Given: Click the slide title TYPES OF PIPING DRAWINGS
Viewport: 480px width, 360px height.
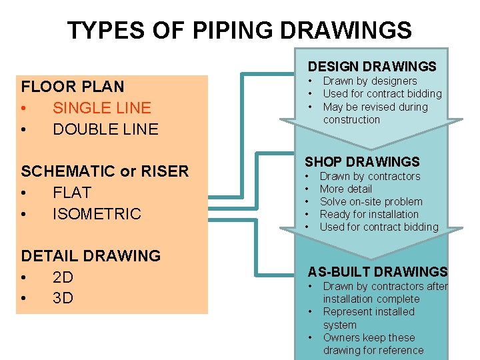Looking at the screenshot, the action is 239,30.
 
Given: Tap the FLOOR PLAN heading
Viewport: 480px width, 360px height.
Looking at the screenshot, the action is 73,87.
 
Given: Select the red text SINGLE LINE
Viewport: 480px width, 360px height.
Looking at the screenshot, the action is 102,108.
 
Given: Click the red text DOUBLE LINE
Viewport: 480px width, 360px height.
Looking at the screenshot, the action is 105,129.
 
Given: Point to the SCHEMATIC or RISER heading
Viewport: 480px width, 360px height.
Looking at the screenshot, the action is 105,171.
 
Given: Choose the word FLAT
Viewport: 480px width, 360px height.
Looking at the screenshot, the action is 72,193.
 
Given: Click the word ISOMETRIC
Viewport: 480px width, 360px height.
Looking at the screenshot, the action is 97,214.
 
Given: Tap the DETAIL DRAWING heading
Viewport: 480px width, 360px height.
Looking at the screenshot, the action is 91,256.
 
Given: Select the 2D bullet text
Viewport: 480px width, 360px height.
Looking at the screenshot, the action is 63,277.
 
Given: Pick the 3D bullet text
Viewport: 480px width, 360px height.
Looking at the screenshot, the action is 63,299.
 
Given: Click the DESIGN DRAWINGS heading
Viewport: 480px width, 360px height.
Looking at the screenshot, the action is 372,67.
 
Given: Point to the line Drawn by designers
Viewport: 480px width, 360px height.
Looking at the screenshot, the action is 370,81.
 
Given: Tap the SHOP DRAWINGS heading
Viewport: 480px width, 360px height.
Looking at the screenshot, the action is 362,162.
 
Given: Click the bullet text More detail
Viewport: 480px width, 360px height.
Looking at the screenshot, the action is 346,189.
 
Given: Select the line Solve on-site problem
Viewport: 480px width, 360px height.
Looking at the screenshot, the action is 371,201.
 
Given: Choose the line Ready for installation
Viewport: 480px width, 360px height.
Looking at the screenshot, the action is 369,214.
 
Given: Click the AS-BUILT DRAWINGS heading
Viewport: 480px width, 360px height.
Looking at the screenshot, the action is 377,272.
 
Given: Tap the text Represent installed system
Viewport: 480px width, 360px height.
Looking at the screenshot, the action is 368,318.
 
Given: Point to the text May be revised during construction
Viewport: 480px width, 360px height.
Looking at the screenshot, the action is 375,113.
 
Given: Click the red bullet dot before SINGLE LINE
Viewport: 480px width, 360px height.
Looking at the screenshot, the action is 24,108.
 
